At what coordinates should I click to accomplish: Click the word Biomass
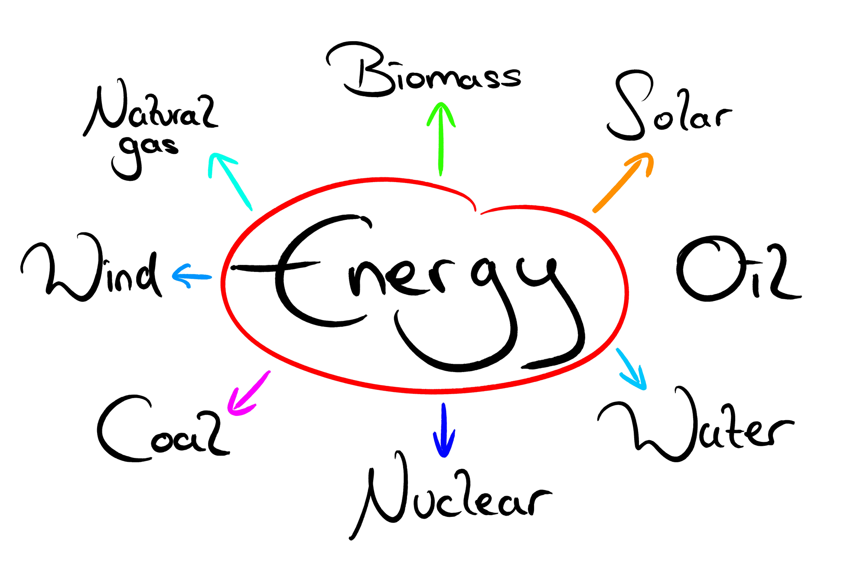[x=424, y=69]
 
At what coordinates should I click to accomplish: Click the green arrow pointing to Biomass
[x=441, y=139]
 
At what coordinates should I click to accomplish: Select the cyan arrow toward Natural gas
[x=230, y=181]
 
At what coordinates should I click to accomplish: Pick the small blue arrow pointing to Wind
[x=192, y=276]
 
